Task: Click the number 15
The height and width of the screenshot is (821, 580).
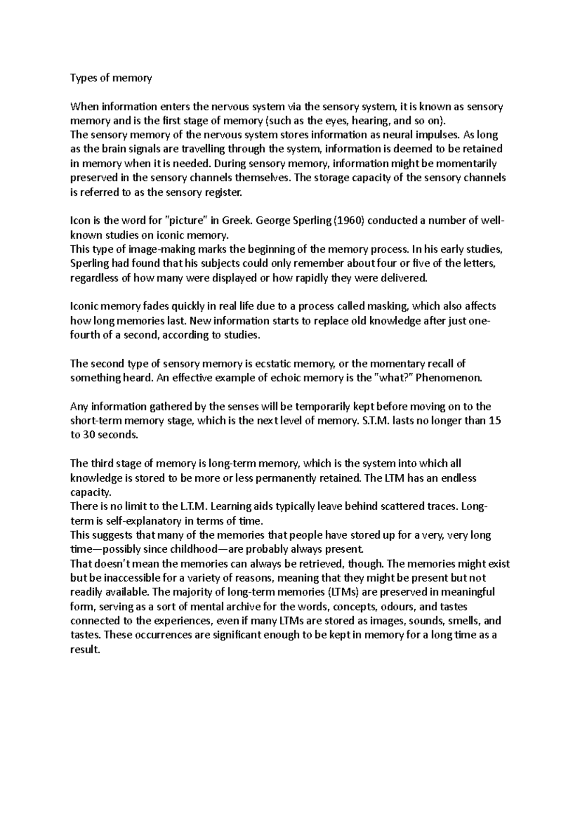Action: [x=495, y=421]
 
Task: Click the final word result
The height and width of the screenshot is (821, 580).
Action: [x=85, y=649]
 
